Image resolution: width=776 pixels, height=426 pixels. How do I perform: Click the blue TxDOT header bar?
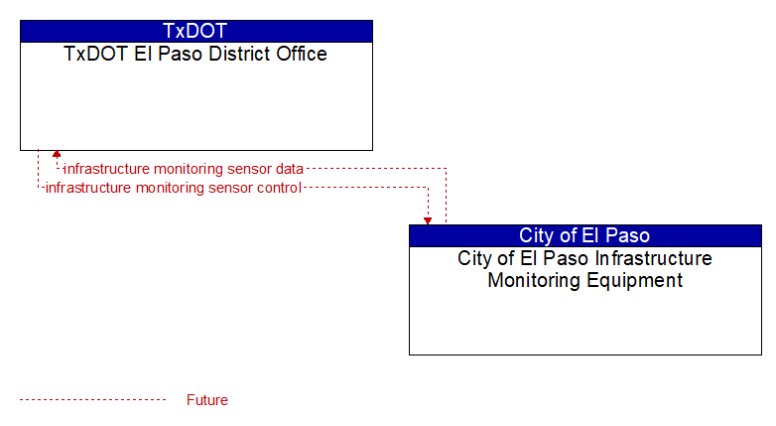(196, 31)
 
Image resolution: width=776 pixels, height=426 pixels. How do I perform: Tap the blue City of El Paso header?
(585, 235)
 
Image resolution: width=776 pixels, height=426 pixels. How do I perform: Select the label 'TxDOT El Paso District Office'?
(195, 54)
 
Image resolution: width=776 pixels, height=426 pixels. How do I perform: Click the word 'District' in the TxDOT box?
(239, 54)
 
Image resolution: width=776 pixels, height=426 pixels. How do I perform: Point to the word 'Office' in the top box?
(302, 54)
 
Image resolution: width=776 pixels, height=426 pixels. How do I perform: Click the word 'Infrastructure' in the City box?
(653, 258)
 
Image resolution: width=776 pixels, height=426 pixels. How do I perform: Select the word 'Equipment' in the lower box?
(634, 281)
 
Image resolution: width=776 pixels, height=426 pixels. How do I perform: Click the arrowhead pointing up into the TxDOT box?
(57, 154)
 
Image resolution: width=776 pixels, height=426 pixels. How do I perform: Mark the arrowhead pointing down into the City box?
(428, 220)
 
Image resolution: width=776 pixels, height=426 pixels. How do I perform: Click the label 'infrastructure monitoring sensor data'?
(184, 169)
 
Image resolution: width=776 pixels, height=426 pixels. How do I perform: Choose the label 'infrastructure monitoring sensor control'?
(174, 189)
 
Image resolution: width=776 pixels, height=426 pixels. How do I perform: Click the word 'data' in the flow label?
(290, 169)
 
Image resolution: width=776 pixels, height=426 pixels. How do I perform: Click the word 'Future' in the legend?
(207, 400)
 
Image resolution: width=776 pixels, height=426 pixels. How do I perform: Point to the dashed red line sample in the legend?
(93, 400)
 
